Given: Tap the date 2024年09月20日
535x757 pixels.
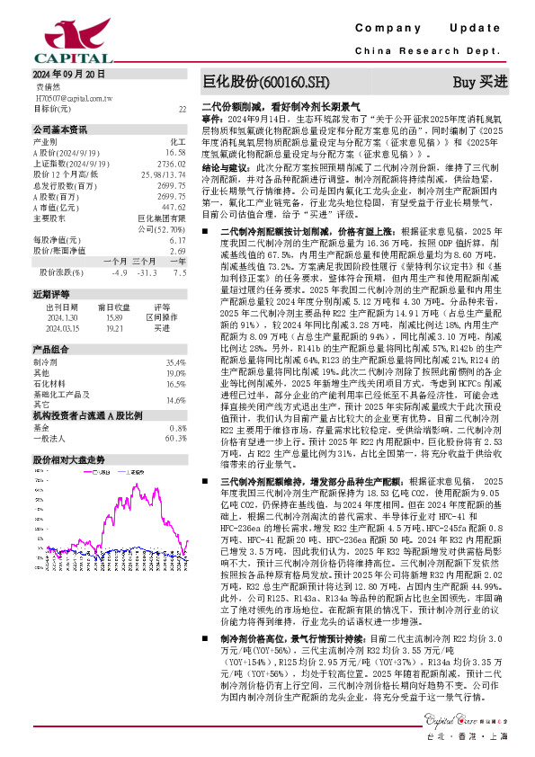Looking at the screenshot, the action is pos(67,74).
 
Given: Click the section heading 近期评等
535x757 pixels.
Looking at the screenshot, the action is pos(49,294).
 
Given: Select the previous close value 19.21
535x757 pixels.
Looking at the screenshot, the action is pos(113,327).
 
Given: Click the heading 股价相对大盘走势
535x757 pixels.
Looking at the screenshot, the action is pos(69,459).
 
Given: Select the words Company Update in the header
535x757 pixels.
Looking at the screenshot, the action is pos(438,30).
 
